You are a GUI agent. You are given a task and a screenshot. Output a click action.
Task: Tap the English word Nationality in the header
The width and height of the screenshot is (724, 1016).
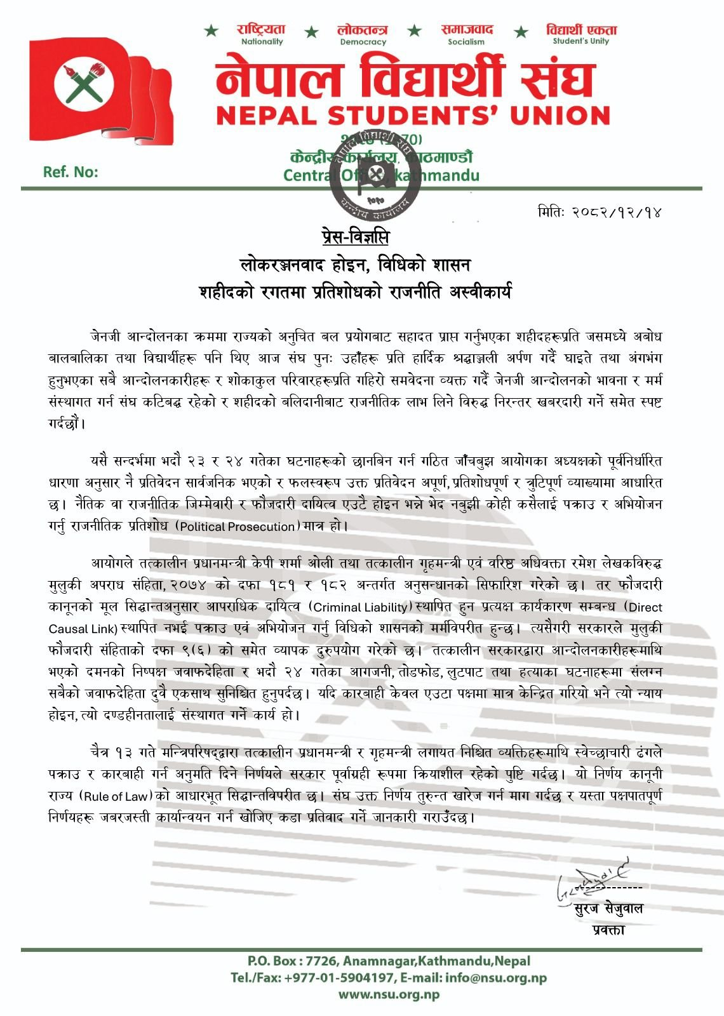(262, 42)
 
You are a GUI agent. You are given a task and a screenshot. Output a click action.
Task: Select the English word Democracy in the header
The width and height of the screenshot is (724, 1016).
(363, 42)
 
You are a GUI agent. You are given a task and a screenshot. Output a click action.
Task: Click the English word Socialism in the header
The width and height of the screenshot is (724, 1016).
(466, 42)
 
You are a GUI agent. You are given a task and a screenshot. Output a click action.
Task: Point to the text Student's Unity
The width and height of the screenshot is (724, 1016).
(580, 41)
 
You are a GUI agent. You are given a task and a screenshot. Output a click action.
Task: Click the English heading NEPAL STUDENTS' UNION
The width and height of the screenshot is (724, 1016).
(413, 116)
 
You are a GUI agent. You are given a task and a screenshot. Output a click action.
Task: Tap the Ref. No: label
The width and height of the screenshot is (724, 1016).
(70, 172)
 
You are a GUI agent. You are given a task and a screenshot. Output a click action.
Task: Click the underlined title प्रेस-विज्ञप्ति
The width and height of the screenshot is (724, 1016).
(354, 237)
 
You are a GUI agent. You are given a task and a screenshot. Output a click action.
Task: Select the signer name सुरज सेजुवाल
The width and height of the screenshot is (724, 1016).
(608, 909)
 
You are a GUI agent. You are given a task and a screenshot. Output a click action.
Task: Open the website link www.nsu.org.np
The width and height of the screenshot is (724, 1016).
(389, 995)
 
